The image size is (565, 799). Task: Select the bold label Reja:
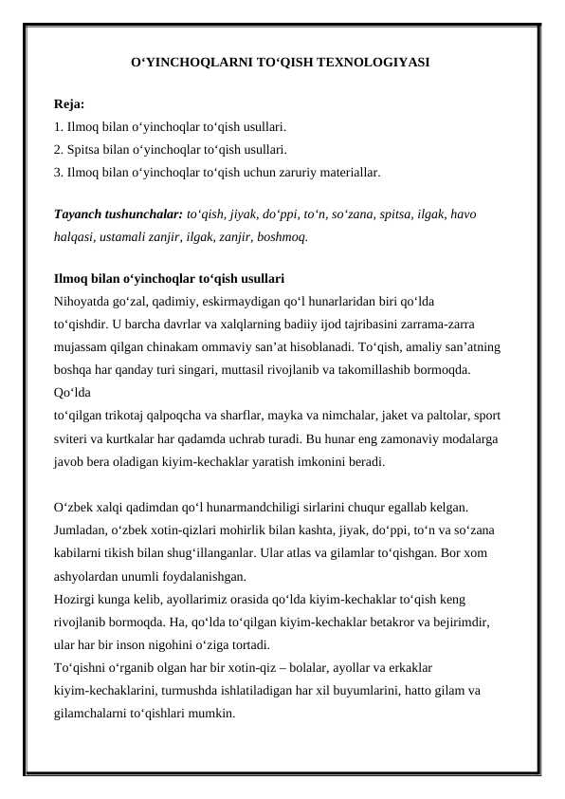[x=69, y=103]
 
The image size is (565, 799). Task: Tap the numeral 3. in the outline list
[x=59, y=173]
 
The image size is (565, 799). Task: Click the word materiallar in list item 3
[x=351, y=173]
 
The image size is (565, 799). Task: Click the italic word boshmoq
[x=282, y=236]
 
